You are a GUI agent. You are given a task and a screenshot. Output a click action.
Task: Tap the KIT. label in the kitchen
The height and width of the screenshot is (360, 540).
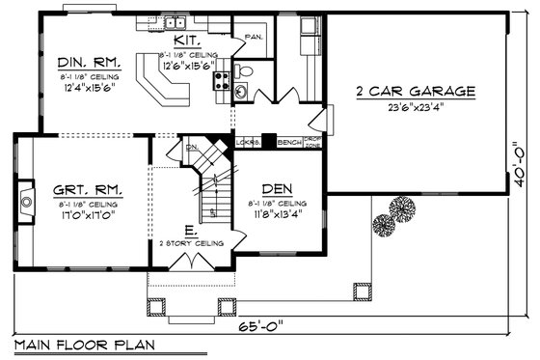(x=187, y=42)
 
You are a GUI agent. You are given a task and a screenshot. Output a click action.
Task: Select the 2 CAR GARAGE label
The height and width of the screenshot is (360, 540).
(x=416, y=93)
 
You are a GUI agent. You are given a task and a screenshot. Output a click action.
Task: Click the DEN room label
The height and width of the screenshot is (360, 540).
(x=277, y=190)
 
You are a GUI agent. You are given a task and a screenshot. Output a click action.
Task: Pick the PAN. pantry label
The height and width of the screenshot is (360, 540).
(x=255, y=38)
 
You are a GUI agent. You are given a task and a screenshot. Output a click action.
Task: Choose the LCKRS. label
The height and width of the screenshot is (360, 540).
(x=248, y=142)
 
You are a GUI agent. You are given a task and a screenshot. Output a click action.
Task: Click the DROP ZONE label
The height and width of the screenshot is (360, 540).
(x=313, y=142)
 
